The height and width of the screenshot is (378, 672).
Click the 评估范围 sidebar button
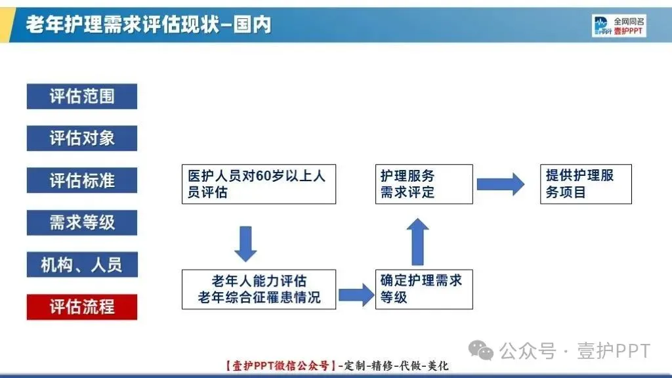pyautogui.click(x=81, y=96)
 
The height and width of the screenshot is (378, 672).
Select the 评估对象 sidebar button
pyautogui.click(x=81, y=138)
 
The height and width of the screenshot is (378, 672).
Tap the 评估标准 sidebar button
pyautogui.click(x=81, y=180)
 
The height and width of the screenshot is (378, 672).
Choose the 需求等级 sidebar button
pyautogui.click(x=81, y=222)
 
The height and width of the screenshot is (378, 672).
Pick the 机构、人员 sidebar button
pyautogui.click(x=81, y=264)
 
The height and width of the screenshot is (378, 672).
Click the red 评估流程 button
pyautogui.click(x=81, y=306)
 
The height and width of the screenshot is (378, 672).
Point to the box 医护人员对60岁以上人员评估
pyautogui.click(x=259, y=184)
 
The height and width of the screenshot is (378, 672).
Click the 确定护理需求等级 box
pyautogui.click(x=424, y=289)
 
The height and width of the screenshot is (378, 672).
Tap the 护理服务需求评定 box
pyautogui.click(x=424, y=184)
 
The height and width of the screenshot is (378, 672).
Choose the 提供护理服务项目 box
pyautogui.click(x=585, y=184)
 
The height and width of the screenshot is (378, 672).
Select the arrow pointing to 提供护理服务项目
pyautogui.click(x=500, y=184)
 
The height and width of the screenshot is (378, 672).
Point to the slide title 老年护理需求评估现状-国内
pyautogui.click(x=148, y=25)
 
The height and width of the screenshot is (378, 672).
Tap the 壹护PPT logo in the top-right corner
pyautogui.click(x=619, y=26)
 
